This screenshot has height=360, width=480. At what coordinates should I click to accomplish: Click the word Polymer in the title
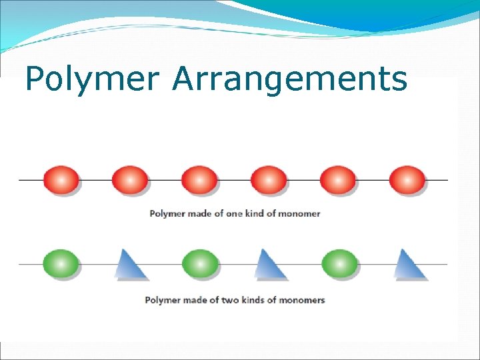coord(92,80)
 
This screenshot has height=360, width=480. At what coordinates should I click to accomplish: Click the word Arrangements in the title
coord(289,80)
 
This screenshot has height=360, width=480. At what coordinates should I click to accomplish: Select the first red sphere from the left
coord(61,180)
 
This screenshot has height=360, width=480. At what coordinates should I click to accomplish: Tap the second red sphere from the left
coord(130,180)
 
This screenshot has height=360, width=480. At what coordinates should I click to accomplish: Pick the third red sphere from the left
coord(199,180)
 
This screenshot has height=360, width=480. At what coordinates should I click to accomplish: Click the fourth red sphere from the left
coord(269,180)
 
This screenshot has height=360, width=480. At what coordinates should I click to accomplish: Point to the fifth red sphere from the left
coord(338,180)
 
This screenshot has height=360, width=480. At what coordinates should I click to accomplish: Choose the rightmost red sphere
coord(407,180)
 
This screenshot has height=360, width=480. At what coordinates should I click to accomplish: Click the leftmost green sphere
coord(61,264)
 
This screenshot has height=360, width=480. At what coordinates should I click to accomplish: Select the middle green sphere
coord(200,264)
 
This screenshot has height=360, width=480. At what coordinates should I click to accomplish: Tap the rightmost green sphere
coord(339,264)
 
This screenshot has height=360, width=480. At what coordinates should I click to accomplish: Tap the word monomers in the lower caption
coord(302,300)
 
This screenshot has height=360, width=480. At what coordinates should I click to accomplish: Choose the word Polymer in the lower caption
coord(163,300)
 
